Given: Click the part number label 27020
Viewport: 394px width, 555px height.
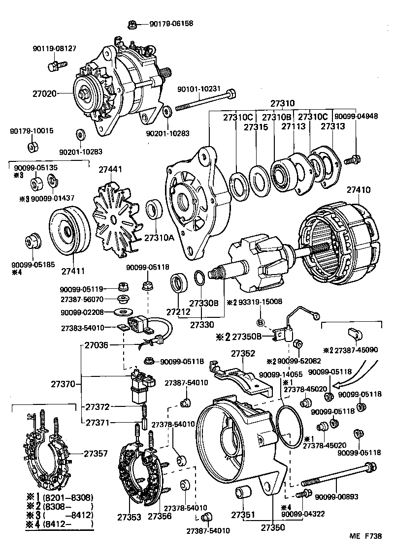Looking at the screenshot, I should coord(45,93).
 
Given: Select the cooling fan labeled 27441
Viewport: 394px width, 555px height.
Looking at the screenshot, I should coord(114,216).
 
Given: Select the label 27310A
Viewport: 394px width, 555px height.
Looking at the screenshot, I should coord(159,238).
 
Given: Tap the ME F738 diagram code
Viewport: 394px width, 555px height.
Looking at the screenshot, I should coord(365,537).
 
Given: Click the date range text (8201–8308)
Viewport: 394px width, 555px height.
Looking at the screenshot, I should coord(68,497).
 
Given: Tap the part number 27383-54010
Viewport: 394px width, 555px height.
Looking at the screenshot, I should coord(83,328).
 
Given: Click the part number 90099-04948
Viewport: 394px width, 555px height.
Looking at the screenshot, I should coord(356,117).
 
